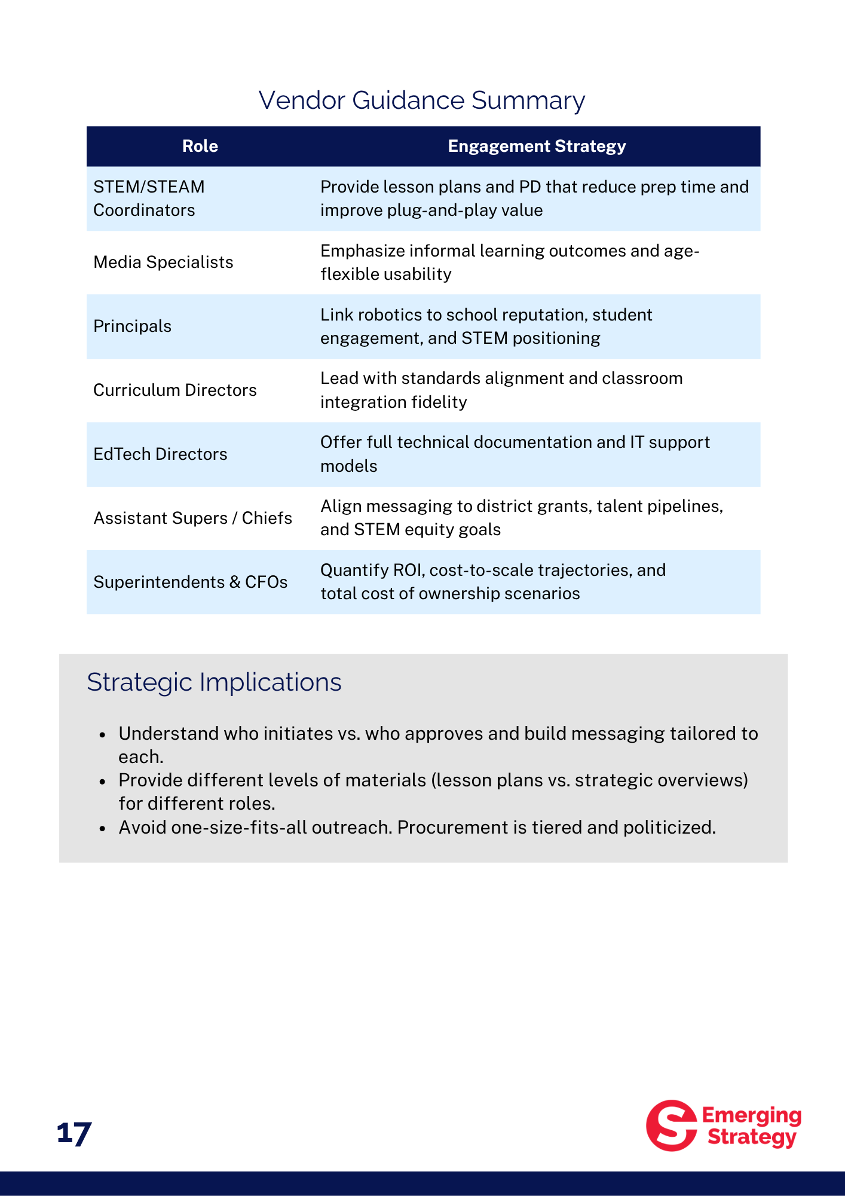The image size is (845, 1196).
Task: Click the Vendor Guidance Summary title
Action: (421, 100)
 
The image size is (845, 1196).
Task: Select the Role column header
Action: (200, 147)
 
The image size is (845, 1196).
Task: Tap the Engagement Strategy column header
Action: (537, 147)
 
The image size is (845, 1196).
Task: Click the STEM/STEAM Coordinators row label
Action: (149, 199)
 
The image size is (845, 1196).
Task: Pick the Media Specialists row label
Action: (163, 263)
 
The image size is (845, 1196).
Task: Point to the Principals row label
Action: (132, 327)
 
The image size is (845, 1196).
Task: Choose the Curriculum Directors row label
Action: (174, 390)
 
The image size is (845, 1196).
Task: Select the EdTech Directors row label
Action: (160, 454)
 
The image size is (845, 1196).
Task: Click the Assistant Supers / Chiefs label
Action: (192, 518)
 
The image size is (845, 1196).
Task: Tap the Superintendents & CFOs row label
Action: (190, 582)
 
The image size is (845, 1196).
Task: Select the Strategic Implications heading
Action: (214, 682)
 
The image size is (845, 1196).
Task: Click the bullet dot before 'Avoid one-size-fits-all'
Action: (103, 828)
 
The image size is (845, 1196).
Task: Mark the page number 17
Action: (74, 1133)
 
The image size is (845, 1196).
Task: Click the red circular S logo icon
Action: (671, 1125)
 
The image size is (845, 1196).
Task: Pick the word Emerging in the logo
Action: (751, 1115)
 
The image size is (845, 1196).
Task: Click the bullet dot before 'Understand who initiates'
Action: (103, 734)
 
